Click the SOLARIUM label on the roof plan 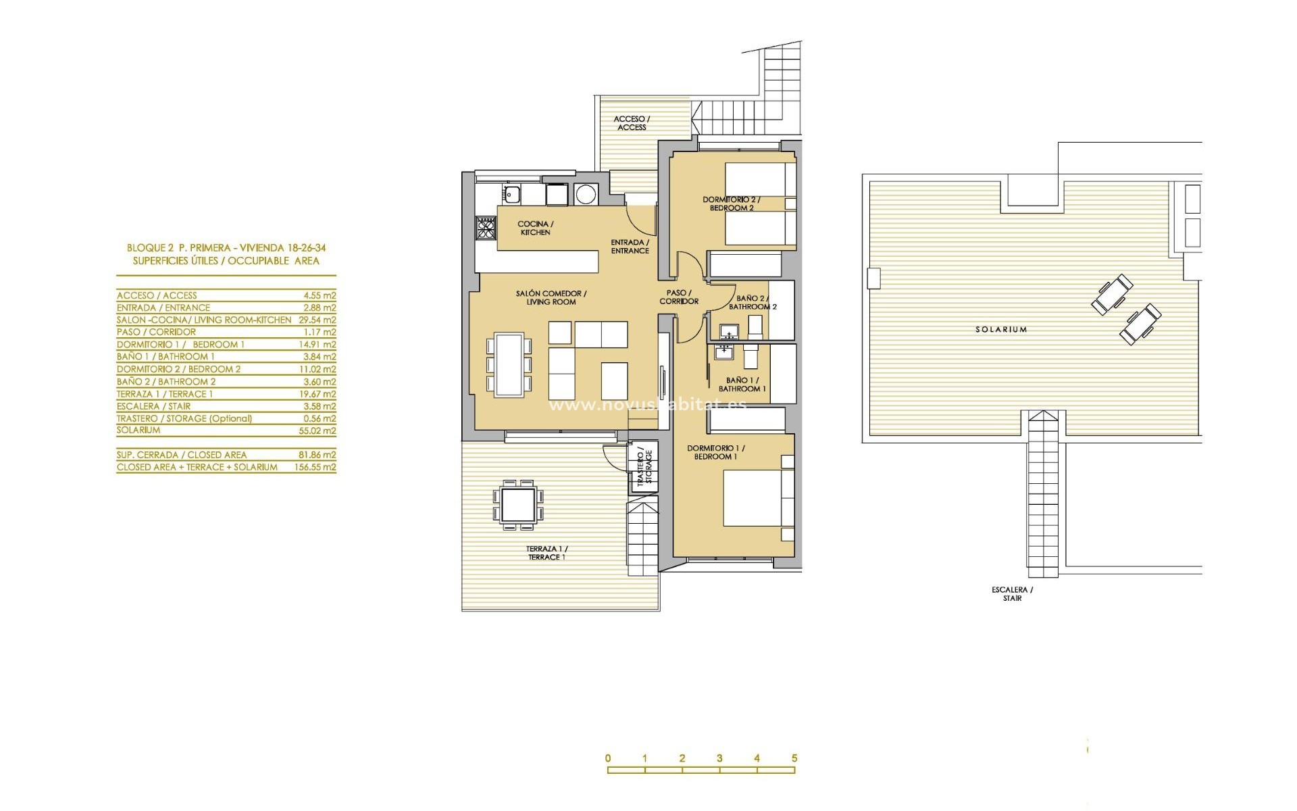tap(1001, 330)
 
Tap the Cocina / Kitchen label tap(535, 228)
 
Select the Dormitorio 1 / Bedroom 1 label tap(715, 452)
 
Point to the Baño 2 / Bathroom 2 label tap(752, 302)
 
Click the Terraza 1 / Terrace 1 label tap(546, 553)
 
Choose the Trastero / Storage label tap(644, 466)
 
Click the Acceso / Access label tap(631, 123)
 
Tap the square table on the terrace tap(518, 504)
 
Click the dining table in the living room tap(509, 364)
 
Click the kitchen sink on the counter tap(511, 195)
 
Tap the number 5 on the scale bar tap(794, 758)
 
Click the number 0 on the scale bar tap(608, 758)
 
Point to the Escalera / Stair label tap(1012, 594)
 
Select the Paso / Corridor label tap(679, 297)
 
